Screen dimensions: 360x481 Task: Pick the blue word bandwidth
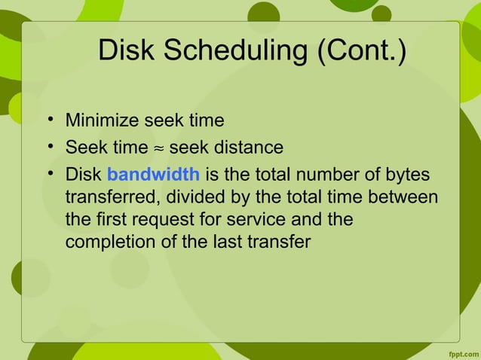pos(153,175)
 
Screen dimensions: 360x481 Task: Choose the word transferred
pos(106,199)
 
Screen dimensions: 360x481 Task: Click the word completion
pos(104,246)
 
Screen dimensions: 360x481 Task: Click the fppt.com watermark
pos(459,352)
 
